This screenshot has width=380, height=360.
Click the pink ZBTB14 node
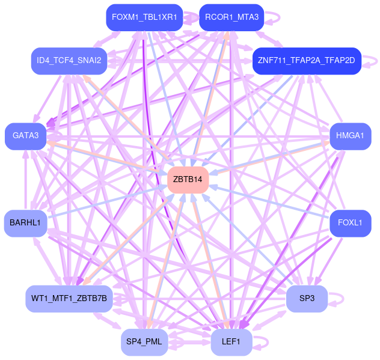[x=188, y=180]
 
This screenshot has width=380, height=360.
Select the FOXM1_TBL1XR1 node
[x=144, y=17]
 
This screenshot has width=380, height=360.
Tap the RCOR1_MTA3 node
[x=231, y=17]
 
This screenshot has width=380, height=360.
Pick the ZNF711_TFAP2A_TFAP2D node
[x=306, y=61]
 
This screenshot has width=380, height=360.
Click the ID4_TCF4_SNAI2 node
[x=69, y=61]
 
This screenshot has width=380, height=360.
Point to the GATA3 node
[x=25, y=136]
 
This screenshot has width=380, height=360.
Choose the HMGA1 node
[x=350, y=136]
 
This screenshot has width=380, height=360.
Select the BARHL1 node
[x=25, y=223]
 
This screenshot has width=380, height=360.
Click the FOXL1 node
[x=350, y=223]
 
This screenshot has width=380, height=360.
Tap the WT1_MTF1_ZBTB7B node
[x=69, y=298]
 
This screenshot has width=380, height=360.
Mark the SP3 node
[x=306, y=298]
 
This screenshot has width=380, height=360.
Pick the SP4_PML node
[x=144, y=342]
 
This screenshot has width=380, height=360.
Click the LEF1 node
[x=231, y=342]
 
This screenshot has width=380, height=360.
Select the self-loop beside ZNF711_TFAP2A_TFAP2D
[x=376, y=61]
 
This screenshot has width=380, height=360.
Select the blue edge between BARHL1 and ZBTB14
[x=108, y=201]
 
